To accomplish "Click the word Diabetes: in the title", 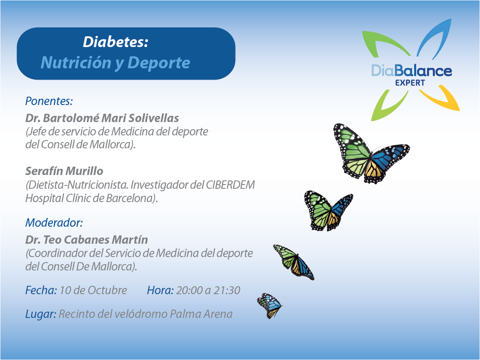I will [116, 42].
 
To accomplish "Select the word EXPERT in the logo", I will [410, 82].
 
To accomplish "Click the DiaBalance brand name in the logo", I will [411, 70].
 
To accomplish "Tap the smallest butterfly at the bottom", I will [269, 305].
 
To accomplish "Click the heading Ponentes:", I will [49, 101].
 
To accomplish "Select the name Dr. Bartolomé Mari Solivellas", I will [102, 118].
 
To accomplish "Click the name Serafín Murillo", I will [64, 171].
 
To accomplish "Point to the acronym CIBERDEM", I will [230, 185].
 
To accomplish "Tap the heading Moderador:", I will [54, 222].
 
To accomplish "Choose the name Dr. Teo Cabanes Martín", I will [87, 240].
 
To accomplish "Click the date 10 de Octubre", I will [93, 290].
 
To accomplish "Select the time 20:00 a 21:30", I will [208, 290].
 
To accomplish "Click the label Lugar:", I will [40, 314].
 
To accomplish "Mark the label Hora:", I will [160, 290].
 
